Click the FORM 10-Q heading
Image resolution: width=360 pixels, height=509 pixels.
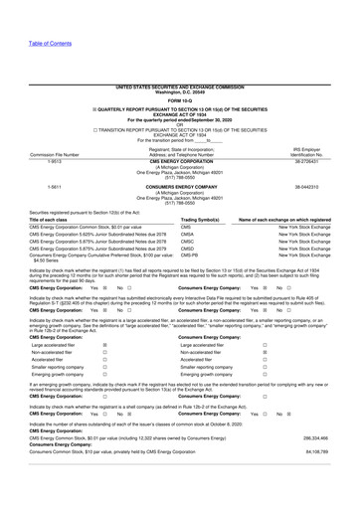180,71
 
